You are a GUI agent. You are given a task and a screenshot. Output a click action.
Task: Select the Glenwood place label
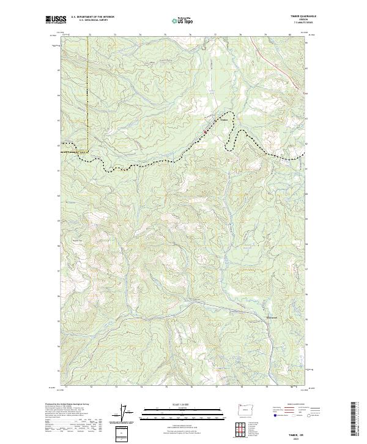click(273, 317)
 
